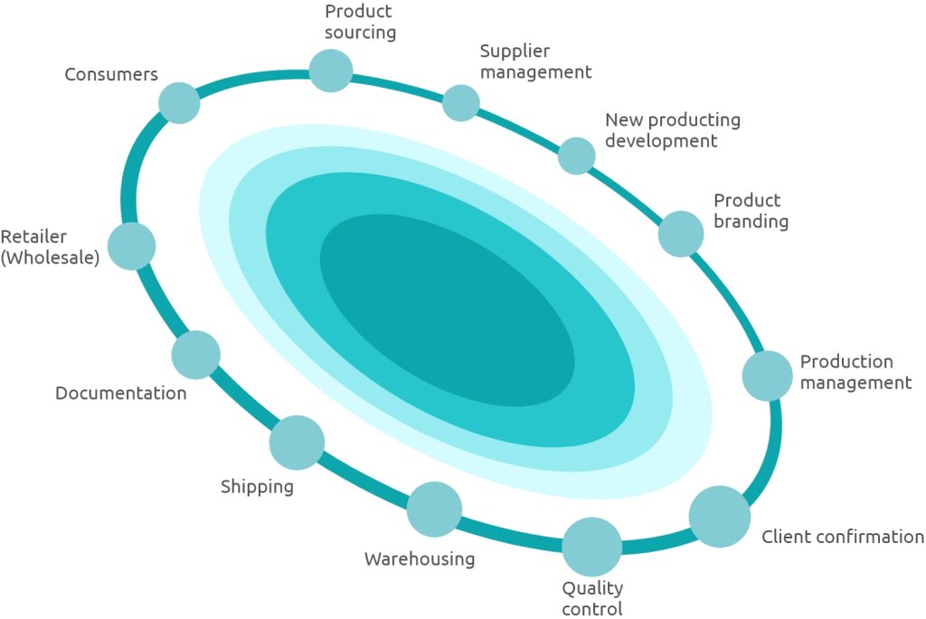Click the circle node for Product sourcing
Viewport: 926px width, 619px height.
point(330,71)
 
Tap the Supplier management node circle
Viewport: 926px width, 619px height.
point(461,103)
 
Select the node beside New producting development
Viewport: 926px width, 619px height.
point(576,156)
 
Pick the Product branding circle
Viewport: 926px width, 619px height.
point(681,233)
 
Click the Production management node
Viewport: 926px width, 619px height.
point(768,376)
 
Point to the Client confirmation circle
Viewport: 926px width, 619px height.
point(720,516)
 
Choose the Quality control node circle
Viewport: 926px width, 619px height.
point(592,547)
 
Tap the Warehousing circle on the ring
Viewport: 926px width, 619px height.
point(434,509)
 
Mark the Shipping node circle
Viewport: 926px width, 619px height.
point(297,443)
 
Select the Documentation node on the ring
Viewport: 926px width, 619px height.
point(195,355)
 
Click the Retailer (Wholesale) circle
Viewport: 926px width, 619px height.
point(132,246)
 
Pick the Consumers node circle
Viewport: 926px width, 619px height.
point(179,102)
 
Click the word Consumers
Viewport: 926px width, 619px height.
point(111,74)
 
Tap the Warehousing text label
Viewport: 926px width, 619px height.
point(420,559)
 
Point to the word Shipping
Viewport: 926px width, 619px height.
point(257,487)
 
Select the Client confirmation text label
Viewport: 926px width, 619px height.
point(843,537)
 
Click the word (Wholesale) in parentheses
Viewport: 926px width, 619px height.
point(50,258)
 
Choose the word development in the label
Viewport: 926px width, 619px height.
point(661,141)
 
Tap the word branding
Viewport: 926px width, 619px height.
point(751,222)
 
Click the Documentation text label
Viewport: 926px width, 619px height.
point(121,394)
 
